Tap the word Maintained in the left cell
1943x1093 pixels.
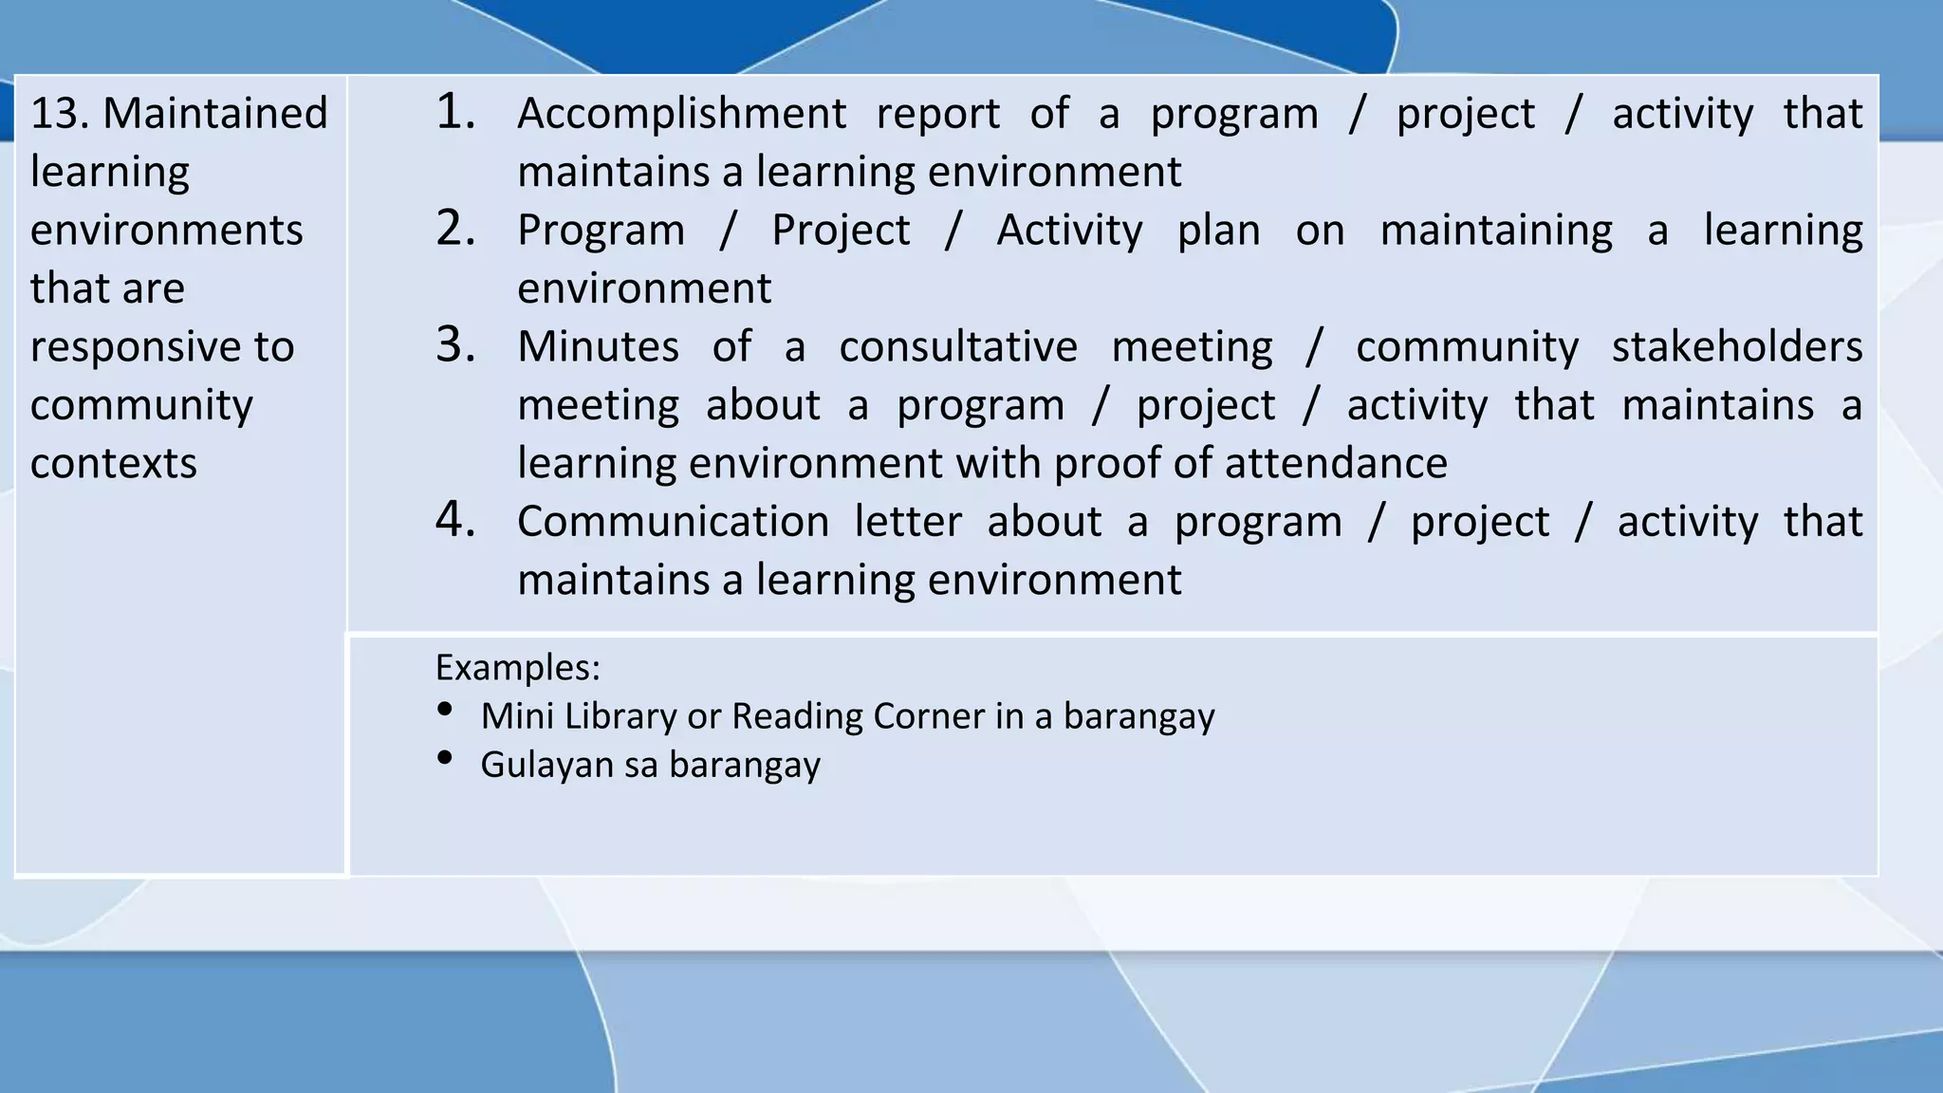click(214, 114)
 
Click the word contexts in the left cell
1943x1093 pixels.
click(113, 464)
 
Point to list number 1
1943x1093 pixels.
click(455, 112)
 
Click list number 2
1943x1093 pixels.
click(455, 229)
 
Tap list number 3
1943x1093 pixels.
click(455, 345)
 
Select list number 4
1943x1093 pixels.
click(455, 520)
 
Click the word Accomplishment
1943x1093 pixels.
click(681, 115)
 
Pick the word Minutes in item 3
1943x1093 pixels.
click(598, 346)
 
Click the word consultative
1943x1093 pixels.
click(957, 346)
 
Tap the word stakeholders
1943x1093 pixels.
click(1736, 346)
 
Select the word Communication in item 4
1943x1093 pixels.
click(673, 522)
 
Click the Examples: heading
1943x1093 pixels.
click(517, 668)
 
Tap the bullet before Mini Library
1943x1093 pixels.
click(444, 710)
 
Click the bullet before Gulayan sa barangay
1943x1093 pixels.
click(444, 758)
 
